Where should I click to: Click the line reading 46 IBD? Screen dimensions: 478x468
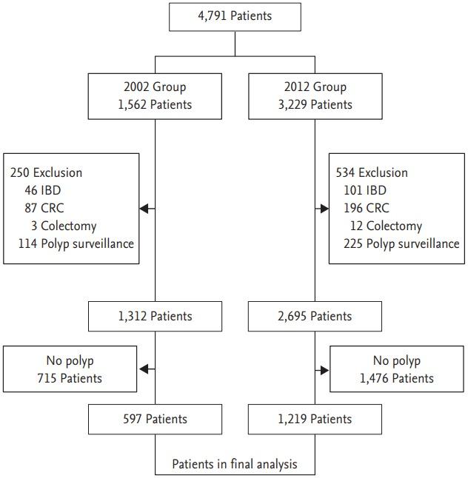coord(44,190)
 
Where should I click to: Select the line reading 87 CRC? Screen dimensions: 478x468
coord(44,208)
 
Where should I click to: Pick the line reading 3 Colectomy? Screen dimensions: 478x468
coord(61,226)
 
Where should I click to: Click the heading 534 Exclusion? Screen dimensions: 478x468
coord(372,173)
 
